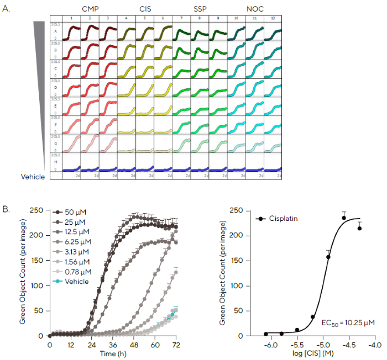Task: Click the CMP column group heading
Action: point(89,9)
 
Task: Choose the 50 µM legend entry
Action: point(74,212)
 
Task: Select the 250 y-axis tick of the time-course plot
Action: point(38,210)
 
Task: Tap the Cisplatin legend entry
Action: point(284,219)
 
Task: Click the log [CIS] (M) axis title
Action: point(314,353)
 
